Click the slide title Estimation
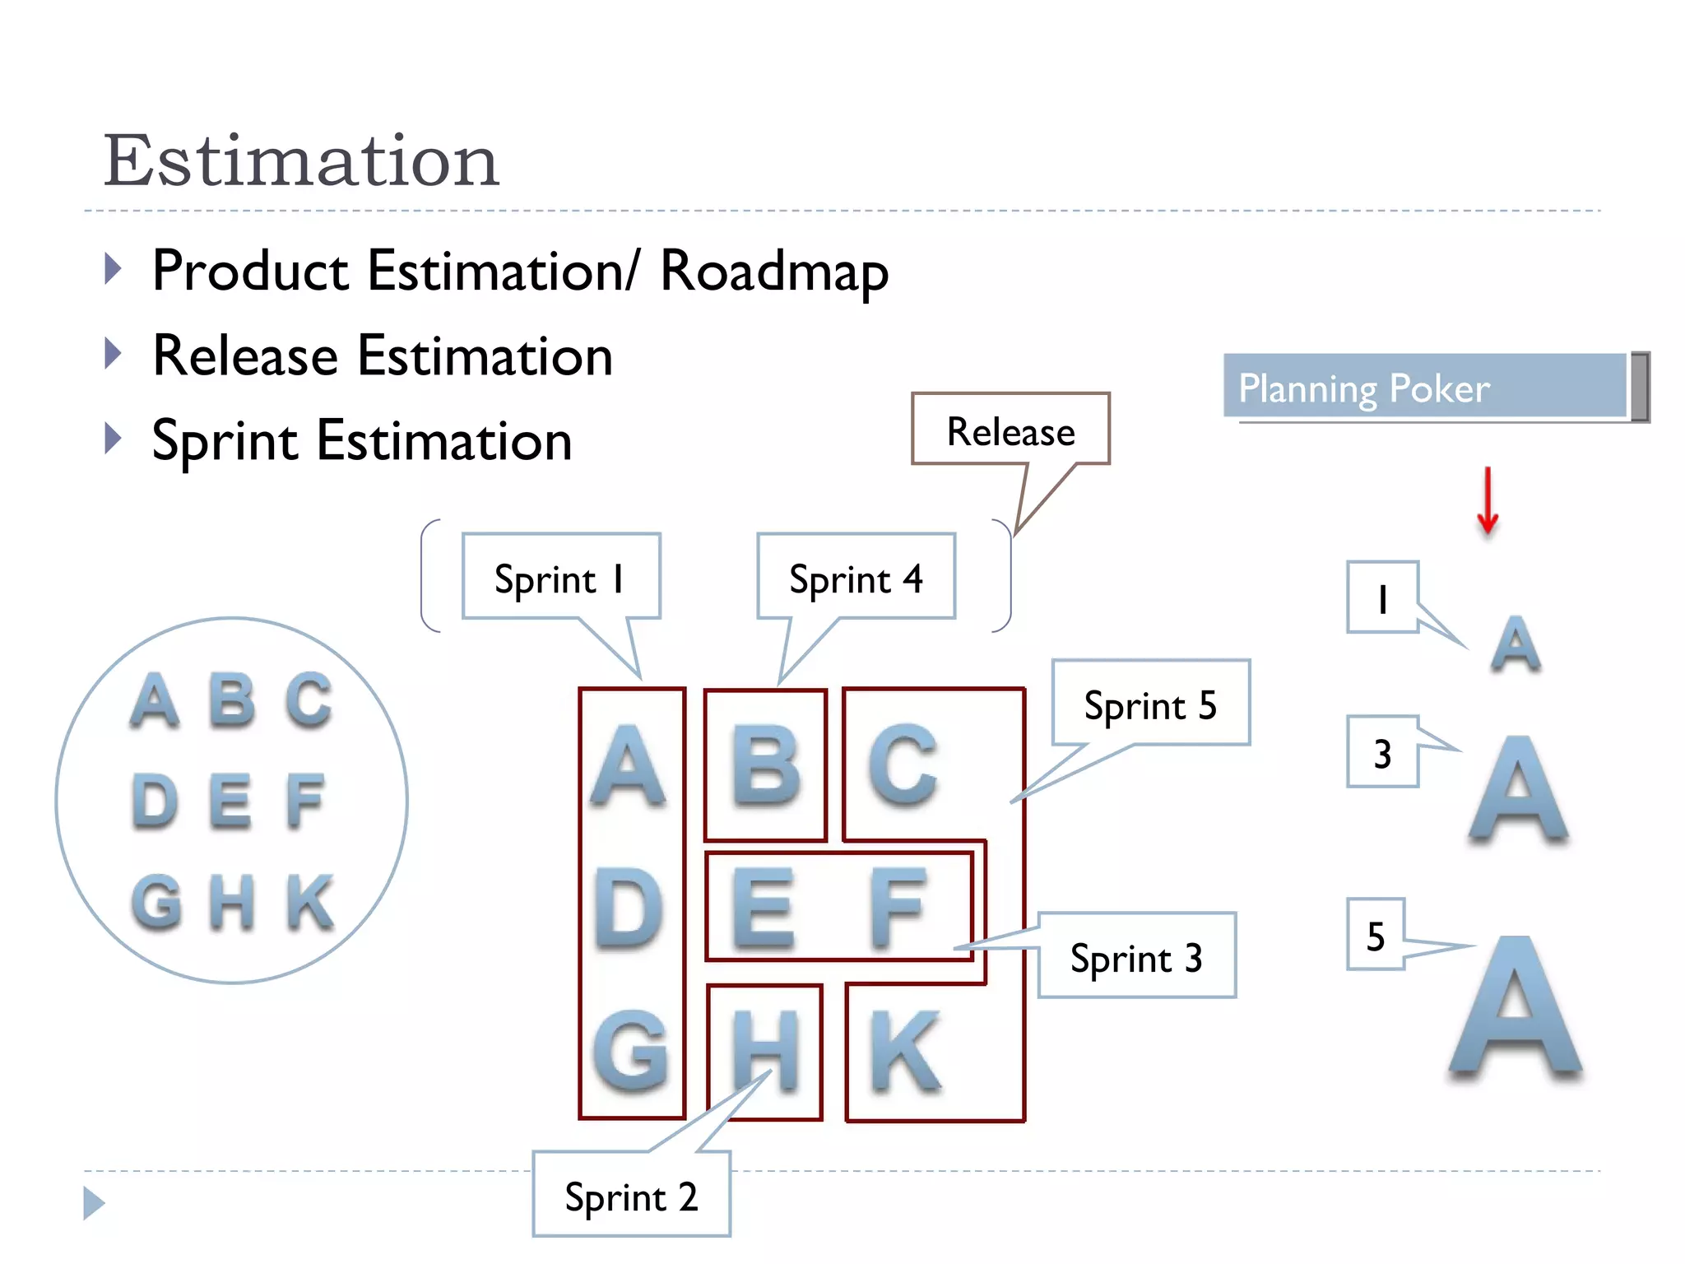coord(301,160)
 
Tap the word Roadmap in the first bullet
coord(774,272)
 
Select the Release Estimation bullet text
coord(383,356)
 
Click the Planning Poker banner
coord(1425,388)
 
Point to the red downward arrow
coord(1487,500)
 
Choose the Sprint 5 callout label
coord(1150,704)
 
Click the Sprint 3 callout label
coord(1136,957)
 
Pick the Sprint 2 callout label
coord(631,1197)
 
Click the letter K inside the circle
coord(310,902)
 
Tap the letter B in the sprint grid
coord(765,765)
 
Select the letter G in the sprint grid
coord(631,1052)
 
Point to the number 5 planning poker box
coord(1376,936)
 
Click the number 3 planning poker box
coord(1382,753)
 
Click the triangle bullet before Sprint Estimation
coord(114,439)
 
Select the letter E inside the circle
coord(230,802)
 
